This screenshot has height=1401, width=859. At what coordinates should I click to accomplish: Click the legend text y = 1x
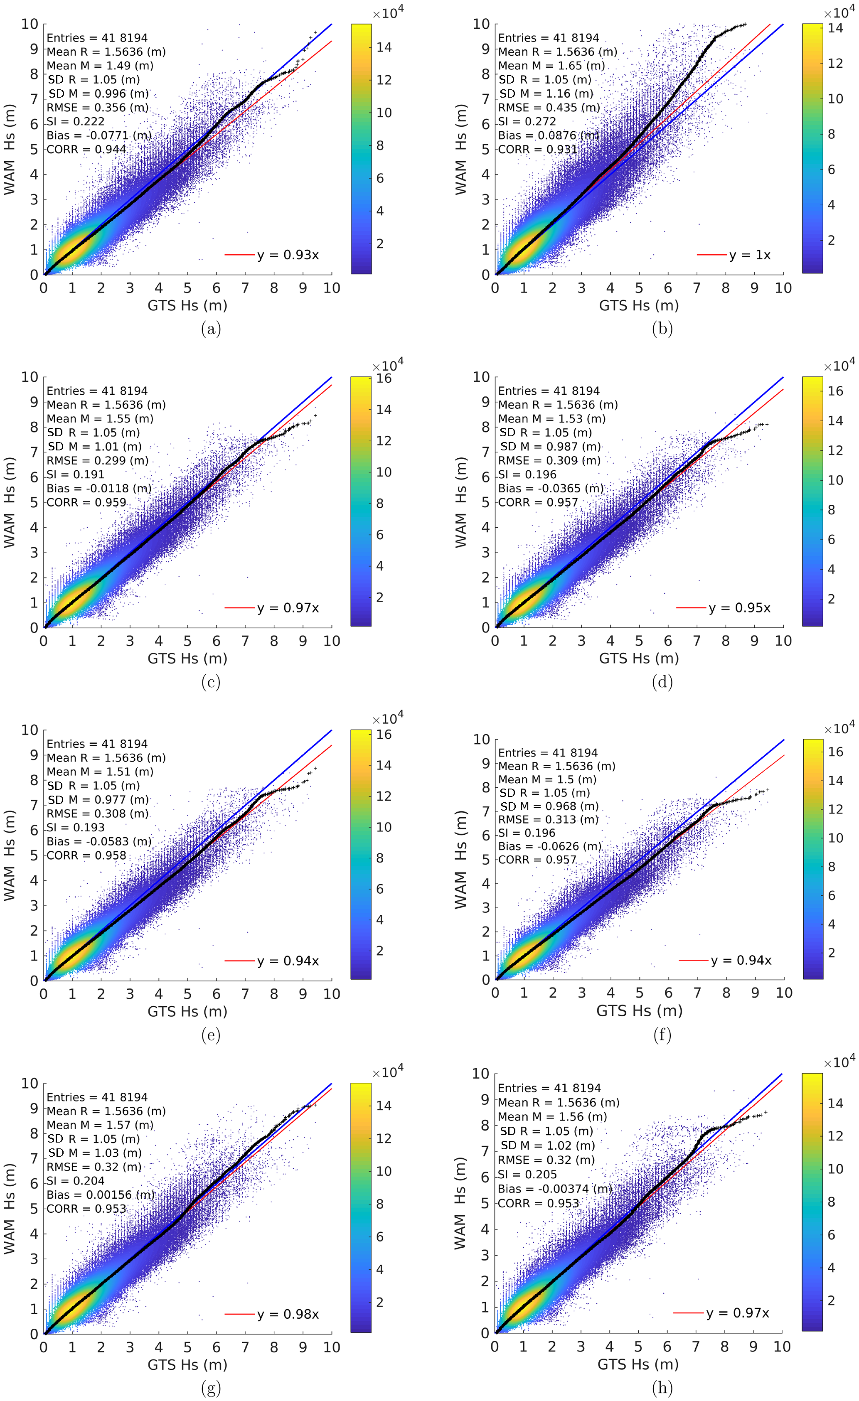[750, 255]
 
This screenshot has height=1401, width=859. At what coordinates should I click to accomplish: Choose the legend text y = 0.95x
[739, 608]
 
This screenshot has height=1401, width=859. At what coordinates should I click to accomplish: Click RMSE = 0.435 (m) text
[549, 108]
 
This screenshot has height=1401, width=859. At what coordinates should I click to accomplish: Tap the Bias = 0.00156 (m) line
[100, 1195]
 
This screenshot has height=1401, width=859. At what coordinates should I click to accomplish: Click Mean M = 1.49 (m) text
[100, 65]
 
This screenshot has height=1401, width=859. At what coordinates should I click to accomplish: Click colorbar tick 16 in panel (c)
[384, 379]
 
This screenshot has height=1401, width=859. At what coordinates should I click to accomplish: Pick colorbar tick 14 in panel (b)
[835, 28]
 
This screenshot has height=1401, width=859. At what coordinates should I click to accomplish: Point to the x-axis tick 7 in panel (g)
[245, 1347]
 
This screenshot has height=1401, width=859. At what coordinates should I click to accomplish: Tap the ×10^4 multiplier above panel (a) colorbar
[388, 13]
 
